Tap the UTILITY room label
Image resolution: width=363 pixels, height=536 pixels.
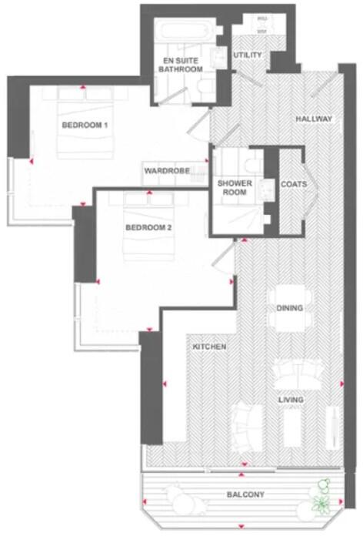click(x=248, y=55)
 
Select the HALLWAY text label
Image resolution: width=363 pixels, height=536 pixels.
click(x=314, y=119)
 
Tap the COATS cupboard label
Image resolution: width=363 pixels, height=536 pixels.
click(x=294, y=185)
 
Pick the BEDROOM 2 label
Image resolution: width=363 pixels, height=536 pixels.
click(x=148, y=228)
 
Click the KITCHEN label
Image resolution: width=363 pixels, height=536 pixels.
click(x=209, y=347)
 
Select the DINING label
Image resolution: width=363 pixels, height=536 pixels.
click(x=290, y=309)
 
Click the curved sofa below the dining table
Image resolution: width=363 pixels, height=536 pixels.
click(x=295, y=375)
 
